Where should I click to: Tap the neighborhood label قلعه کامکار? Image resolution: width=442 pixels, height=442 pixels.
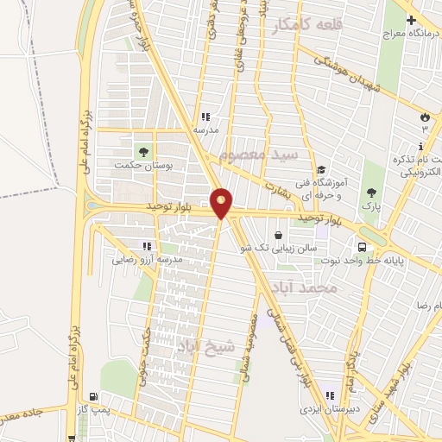306,26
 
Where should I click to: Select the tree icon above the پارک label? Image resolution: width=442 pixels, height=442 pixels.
371,193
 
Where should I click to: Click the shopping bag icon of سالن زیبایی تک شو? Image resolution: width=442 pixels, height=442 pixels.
278,235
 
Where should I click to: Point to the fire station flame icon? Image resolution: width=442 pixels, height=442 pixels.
424,117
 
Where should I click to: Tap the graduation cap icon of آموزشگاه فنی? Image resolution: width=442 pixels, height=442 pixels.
321,169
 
